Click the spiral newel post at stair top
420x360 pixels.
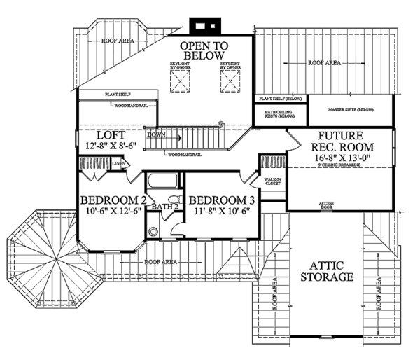point(221,125)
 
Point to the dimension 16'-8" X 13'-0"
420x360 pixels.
point(342,159)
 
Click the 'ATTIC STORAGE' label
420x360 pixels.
point(326,271)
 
